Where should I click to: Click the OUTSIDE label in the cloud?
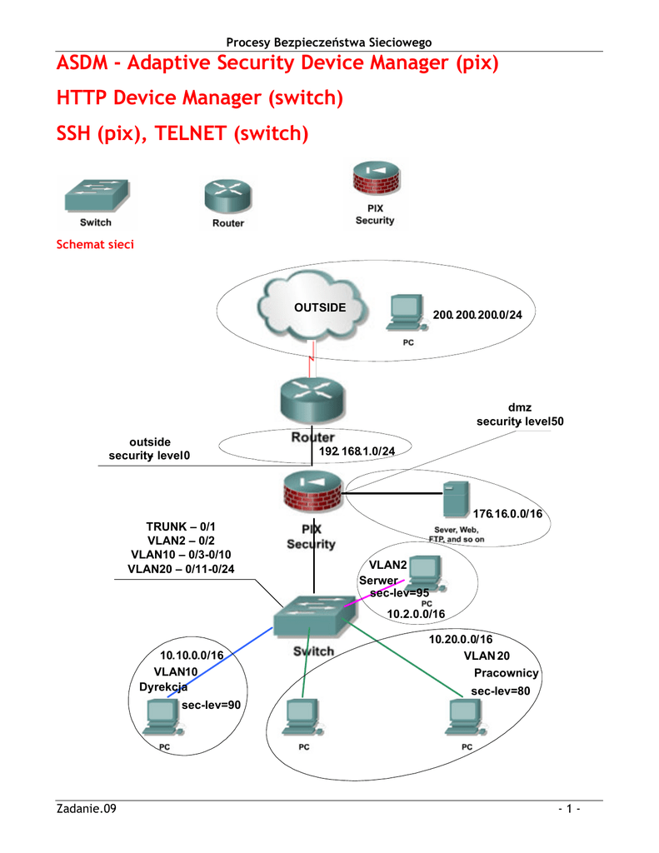(320, 307)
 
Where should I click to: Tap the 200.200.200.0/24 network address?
(477, 315)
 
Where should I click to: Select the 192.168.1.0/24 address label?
(357, 451)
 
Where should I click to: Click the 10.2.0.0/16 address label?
(416, 613)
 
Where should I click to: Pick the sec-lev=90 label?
(211, 705)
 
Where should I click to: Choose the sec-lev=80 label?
(501, 691)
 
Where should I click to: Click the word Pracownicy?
(507, 673)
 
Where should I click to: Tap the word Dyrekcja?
(163, 686)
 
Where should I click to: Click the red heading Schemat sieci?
(94, 245)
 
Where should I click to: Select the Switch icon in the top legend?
(96, 197)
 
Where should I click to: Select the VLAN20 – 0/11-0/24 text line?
(181, 569)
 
